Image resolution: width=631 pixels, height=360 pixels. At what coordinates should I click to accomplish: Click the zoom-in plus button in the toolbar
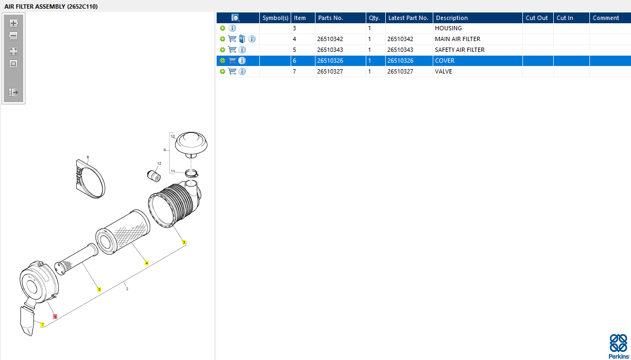click(x=14, y=23)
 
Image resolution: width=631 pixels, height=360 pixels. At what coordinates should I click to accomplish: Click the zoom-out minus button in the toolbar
click(x=14, y=36)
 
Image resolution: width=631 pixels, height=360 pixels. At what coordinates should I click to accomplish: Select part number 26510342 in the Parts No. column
click(x=330, y=39)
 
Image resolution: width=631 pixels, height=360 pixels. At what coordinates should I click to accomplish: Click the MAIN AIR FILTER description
click(x=458, y=39)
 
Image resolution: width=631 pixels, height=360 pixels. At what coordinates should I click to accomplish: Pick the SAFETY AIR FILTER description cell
click(x=460, y=50)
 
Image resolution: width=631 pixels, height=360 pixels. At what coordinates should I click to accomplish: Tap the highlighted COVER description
click(x=445, y=61)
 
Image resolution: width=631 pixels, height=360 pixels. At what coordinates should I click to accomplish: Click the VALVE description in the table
click(x=444, y=72)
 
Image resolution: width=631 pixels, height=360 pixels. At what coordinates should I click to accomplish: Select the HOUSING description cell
click(x=448, y=28)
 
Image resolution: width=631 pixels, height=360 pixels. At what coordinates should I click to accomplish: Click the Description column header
click(x=452, y=18)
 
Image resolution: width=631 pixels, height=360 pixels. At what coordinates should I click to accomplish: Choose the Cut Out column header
click(x=537, y=18)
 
